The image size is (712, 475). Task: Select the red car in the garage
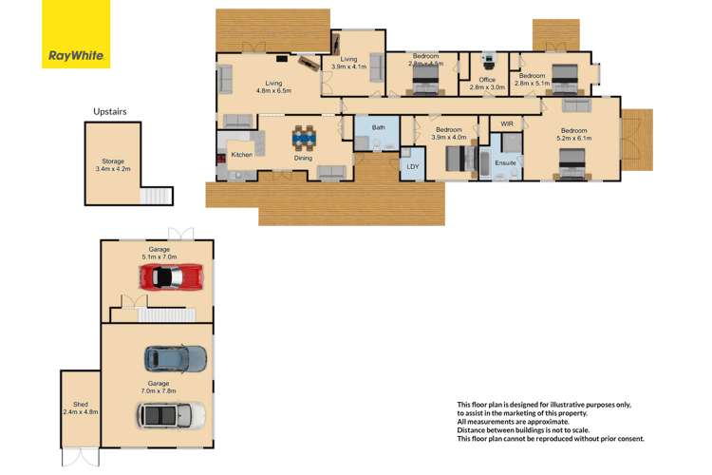[x=171, y=276]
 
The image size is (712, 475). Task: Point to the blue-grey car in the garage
[x=175, y=358]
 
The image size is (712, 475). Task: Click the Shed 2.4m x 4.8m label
[x=80, y=408]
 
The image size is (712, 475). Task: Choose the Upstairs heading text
[x=109, y=111]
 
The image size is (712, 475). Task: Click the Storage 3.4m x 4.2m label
[x=113, y=165]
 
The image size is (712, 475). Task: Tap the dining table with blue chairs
[x=303, y=139]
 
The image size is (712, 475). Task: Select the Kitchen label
[x=241, y=154]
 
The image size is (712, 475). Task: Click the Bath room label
[x=378, y=127]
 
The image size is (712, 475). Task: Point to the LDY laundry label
[x=412, y=167]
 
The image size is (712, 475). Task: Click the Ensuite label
[x=505, y=163]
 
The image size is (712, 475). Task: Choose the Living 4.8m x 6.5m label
[x=273, y=86]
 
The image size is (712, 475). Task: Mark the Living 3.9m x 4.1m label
[x=348, y=63]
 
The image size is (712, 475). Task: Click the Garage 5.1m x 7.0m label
[x=159, y=253]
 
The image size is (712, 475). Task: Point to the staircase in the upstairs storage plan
[x=157, y=196]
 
